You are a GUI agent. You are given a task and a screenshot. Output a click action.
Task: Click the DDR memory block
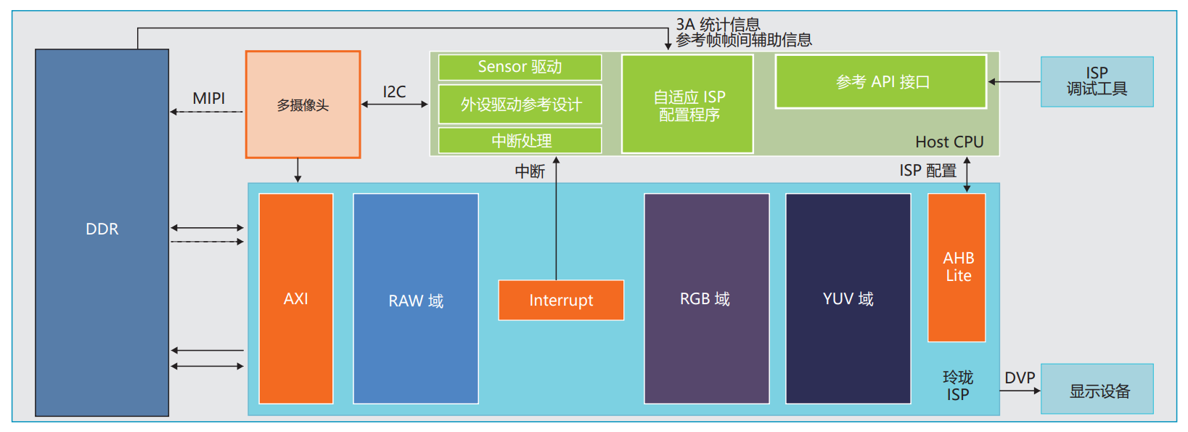102,232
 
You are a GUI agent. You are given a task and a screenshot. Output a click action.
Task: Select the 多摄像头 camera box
303,105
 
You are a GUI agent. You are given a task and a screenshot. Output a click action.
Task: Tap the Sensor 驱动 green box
520,67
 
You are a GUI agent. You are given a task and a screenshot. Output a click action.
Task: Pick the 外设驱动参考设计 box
520,105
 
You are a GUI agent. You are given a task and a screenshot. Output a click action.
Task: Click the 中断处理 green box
520,141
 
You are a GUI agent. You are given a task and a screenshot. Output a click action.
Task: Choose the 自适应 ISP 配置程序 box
687,105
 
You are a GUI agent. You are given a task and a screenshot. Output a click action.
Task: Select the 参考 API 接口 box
881,82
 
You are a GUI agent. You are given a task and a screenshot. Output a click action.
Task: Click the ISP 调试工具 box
1097,81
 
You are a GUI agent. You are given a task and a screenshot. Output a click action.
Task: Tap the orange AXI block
296,298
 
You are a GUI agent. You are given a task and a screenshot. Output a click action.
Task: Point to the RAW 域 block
415,299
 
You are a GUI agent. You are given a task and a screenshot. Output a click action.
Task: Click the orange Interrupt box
561,300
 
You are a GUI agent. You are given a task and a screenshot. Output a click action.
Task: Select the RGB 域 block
706,298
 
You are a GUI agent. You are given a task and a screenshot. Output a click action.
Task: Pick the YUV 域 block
848,298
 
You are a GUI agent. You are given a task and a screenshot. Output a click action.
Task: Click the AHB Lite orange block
956,267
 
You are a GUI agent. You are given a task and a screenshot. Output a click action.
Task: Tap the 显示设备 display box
1097,391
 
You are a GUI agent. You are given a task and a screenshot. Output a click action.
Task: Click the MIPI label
208,98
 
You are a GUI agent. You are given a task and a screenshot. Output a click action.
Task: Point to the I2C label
394,92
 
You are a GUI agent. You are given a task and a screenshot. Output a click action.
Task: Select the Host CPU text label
949,142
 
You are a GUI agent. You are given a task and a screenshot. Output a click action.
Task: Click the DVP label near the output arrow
1020,378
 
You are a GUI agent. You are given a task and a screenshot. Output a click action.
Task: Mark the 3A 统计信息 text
718,25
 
